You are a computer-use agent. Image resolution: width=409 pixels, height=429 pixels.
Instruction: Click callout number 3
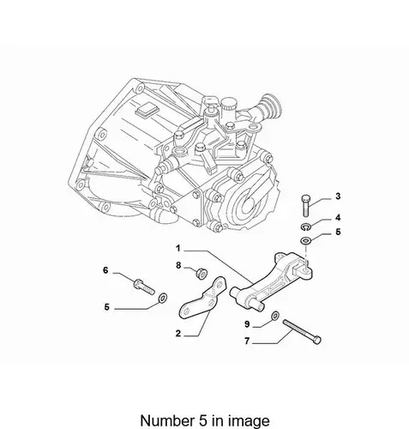(x=338, y=196)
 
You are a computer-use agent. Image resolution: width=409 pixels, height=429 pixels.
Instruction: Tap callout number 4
(x=338, y=218)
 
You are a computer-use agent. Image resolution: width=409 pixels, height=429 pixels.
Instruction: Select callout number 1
(x=178, y=248)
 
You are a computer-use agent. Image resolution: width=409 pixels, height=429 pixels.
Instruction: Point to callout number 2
(x=178, y=333)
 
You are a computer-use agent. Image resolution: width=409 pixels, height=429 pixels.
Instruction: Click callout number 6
(x=105, y=270)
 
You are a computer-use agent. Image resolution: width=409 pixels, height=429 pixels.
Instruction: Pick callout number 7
(x=247, y=341)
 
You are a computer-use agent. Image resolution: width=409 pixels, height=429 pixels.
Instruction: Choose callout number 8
(x=178, y=265)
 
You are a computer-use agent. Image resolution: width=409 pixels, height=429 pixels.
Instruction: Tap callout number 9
(x=247, y=324)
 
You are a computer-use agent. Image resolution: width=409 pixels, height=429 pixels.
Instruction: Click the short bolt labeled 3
(x=305, y=205)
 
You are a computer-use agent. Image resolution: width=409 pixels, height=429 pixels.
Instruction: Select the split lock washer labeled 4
(x=305, y=227)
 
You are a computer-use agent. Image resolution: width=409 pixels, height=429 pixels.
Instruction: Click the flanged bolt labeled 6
(x=144, y=287)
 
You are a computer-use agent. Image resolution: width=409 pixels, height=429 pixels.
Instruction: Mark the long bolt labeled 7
(x=302, y=331)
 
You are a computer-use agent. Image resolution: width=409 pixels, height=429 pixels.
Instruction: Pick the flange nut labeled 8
(x=201, y=273)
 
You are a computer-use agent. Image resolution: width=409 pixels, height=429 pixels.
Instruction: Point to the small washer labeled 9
(x=275, y=316)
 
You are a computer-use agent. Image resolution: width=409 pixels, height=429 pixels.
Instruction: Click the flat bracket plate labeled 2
(x=204, y=299)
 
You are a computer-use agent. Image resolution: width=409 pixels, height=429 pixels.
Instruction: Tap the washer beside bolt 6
(x=163, y=299)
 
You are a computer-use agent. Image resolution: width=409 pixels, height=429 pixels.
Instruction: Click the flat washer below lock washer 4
(x=305, y=240)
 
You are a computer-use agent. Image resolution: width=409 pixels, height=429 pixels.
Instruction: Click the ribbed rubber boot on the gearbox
(x=268, y=107)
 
